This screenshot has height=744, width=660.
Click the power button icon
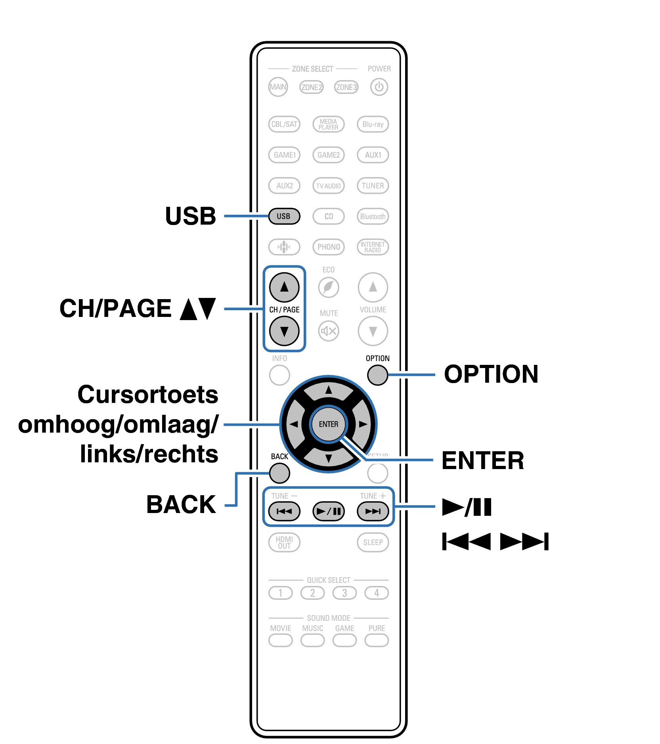tap(379, 87)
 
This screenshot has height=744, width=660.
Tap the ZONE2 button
tap(312, 87)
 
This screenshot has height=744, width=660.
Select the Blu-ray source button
tap(373, 124)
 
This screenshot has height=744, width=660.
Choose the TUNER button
tap(373, 185)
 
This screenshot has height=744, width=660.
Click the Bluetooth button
tap(373, 216)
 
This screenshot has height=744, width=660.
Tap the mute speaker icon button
tap(329, 331)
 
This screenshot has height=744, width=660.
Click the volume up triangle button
tap(373, 287)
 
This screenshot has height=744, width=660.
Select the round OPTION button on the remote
tap(377, 375)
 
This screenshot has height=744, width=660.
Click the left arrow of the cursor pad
tap(294, 424)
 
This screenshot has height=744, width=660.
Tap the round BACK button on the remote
tap(279, 473)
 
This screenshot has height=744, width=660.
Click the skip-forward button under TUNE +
tap(373, 511)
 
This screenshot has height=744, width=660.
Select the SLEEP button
tap(373, 542)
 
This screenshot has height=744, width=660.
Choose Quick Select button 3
tap(344, 593)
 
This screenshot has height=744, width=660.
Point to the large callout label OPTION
tap(491, 374)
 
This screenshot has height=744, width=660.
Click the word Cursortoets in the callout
tap(148, 395)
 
